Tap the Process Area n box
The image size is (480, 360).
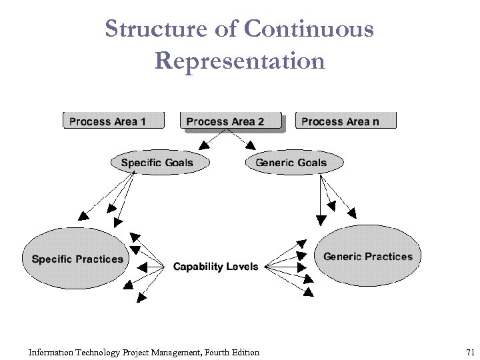click(345, 121)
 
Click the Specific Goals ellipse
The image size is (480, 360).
click(157, 163)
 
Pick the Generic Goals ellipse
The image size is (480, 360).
click(294, 163)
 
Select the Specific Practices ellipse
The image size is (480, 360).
click(77, 259)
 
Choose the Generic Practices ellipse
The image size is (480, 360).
click(368, 257)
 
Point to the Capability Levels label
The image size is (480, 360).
click(215, 267)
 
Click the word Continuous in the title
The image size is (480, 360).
click(309, 29)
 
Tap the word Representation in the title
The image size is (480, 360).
click(240, 61)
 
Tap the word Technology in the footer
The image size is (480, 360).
click(100, 352)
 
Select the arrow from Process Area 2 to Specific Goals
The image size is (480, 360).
click(214, 138)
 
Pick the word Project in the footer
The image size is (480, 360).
click(137, 352)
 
